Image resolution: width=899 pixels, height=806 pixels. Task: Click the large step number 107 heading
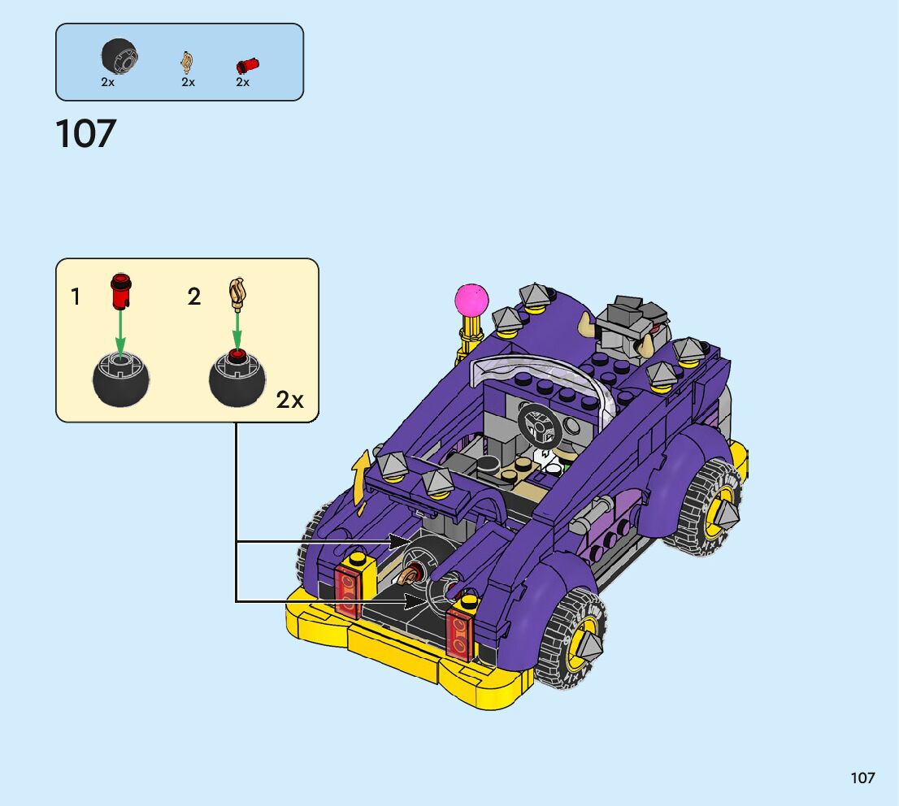(86, 133)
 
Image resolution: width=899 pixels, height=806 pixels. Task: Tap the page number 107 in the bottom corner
(862, 778)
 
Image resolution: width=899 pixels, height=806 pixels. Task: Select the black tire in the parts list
(119, 56)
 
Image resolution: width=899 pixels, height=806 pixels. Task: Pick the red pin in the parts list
(247, 65)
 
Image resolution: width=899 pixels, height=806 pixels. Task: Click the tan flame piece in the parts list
(187, 62)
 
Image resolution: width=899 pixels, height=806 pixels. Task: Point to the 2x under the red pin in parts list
(242, 82)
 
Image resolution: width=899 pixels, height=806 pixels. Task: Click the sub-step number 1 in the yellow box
(75, 297)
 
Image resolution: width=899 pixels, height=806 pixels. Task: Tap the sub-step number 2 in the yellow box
(193, 297)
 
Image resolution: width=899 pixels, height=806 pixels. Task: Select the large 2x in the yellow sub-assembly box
(289, 400)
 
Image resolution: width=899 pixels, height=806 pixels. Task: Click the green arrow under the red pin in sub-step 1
(119, 331)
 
